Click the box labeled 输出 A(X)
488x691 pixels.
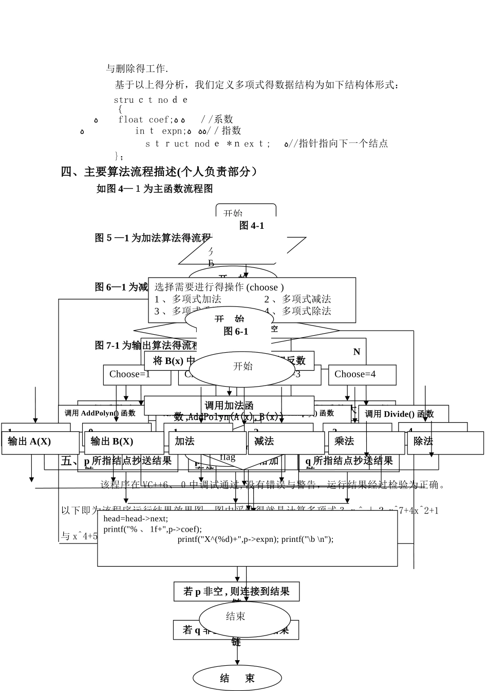[40, 442]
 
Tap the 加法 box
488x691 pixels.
[208, 442]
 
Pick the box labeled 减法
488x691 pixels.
[286, 442]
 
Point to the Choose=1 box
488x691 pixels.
[136, 375]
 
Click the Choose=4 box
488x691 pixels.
[362, 375]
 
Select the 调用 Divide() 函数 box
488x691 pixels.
[403, 414]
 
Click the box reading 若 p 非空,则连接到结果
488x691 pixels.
[236, 592]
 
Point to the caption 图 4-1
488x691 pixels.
[252, 226]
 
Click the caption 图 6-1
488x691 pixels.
[236, 332]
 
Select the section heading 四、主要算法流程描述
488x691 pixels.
[159, 172]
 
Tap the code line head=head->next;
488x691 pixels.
[136, 518]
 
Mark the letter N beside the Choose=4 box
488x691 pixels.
[356, 352]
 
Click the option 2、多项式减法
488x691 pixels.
[297, 299]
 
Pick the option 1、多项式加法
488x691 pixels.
[188, 299]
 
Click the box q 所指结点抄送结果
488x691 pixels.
[349, 461]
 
